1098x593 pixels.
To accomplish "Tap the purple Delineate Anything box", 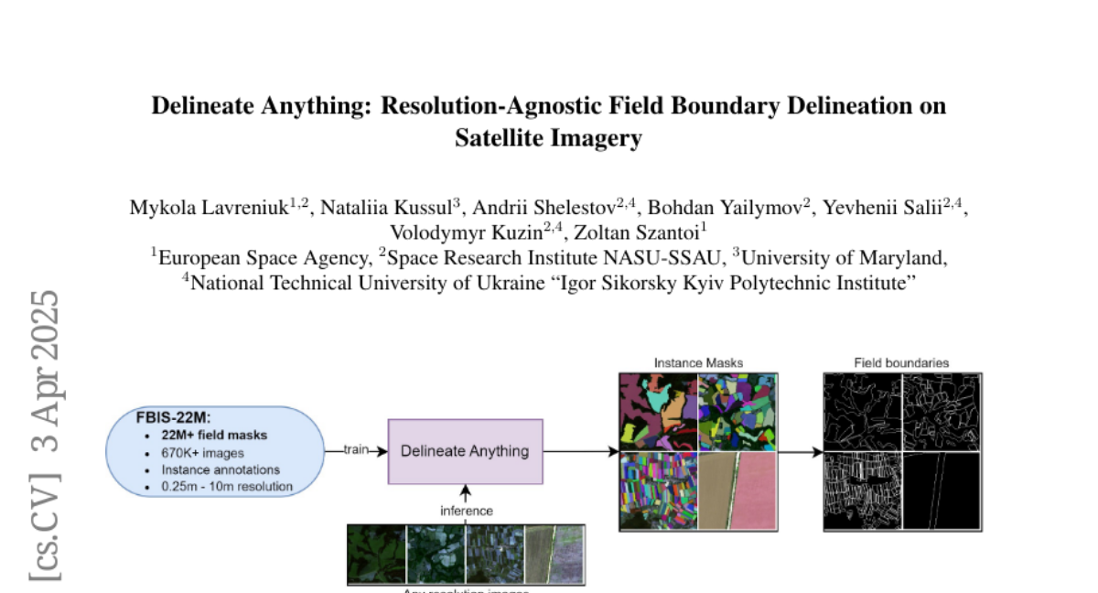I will pos(465,451).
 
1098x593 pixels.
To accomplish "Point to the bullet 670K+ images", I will pos(202,452).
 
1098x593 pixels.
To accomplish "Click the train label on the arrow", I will pos(355,450).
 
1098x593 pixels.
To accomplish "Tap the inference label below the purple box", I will pos(466,511).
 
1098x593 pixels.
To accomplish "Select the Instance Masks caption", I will pos(698,362).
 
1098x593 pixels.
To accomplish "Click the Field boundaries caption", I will pos(901,362).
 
